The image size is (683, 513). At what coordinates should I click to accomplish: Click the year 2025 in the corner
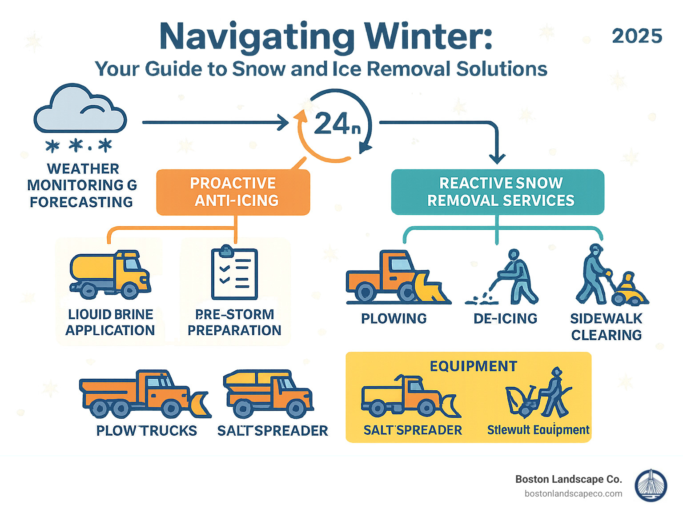coord(637,36)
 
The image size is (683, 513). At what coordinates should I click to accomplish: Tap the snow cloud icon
coord(80,109)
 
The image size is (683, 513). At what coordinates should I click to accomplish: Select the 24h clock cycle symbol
coord(335,125)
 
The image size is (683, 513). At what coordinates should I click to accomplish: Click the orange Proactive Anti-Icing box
coord(233,192)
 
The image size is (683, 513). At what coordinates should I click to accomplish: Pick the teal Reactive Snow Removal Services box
coord(498,192)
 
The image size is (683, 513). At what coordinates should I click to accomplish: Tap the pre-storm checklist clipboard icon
coord(234,273)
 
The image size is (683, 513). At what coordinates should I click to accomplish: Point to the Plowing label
coord(394,319)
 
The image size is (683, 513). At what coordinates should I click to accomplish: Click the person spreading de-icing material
coord(516,276)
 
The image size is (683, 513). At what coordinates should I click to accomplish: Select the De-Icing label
coord(505,319)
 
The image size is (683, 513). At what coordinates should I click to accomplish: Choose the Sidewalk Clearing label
coord(606,327)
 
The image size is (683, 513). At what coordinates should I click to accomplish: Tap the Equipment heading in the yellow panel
coord(473,366)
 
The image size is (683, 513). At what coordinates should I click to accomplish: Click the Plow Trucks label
coord(146,431)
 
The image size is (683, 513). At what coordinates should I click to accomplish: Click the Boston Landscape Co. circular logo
coord(651,485)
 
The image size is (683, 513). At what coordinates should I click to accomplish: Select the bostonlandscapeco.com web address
coord(573,494)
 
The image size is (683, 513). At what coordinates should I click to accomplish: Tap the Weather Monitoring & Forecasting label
coord(82,185)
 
